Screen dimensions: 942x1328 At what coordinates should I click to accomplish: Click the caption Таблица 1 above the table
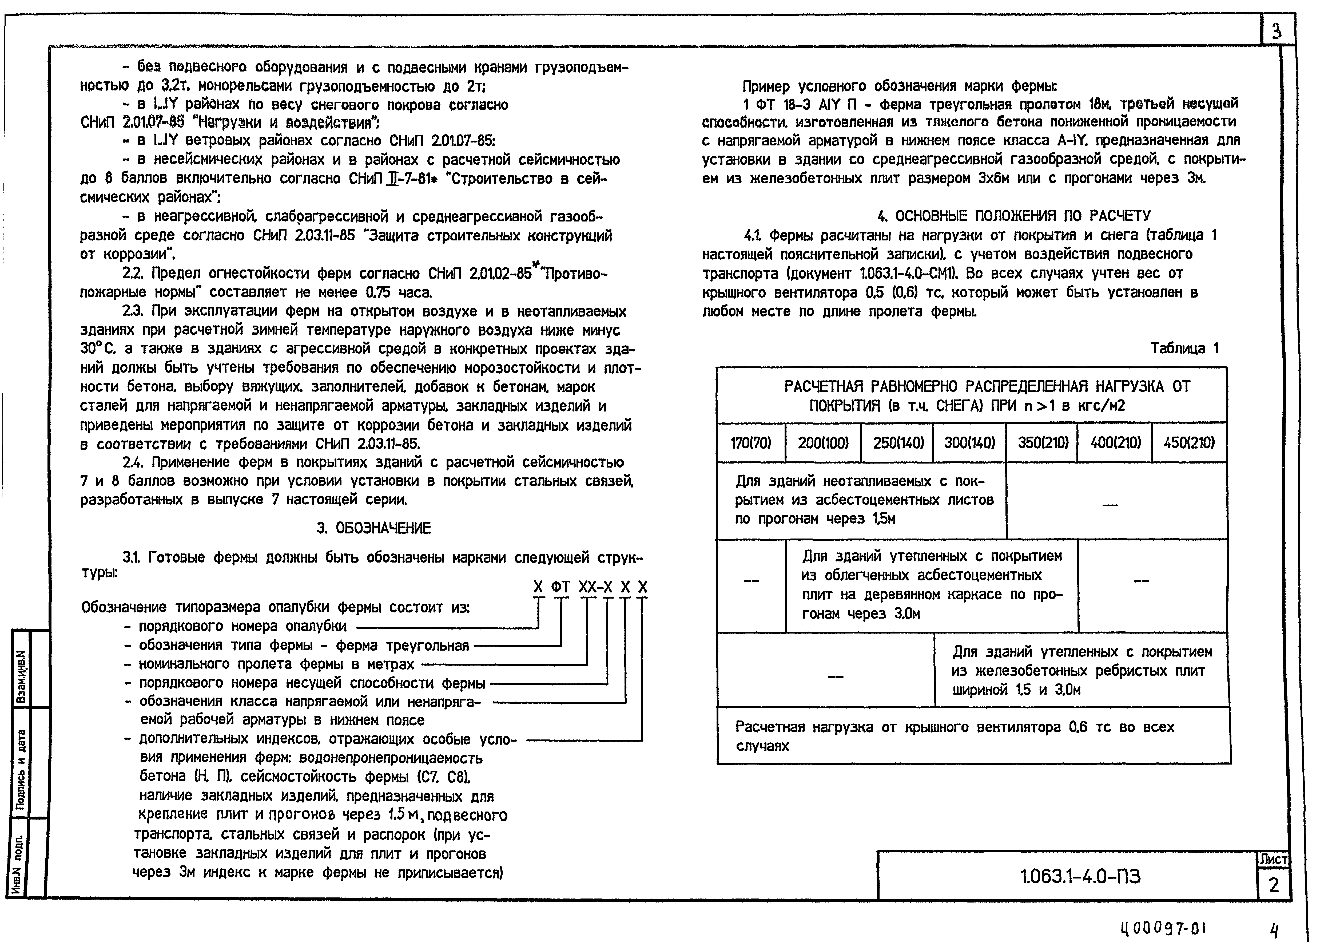(1184, 348)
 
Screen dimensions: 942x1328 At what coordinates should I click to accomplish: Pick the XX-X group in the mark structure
(595, 588)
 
